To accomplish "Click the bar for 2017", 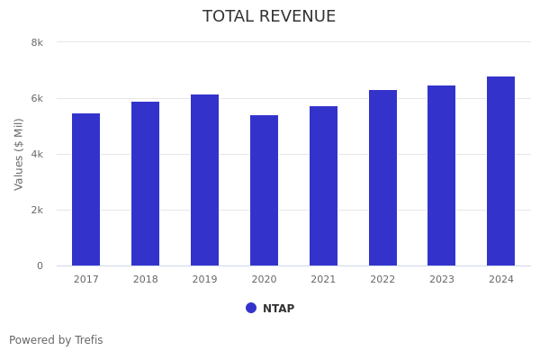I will point(86,189).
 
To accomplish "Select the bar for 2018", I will point(146,184).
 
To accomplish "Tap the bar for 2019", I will point(204,180).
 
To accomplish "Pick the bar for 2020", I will point(264,190).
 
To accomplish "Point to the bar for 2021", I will point(323,185).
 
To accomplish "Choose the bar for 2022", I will point(382,177).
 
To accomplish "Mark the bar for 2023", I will point(441,175).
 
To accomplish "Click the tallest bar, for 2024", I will point(500,171).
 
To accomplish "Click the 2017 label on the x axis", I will point(86,280).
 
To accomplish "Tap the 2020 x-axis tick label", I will point(264,280).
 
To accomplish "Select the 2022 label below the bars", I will point(382,280).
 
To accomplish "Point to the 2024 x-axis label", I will point(501,280).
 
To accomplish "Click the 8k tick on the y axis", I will point(37,42).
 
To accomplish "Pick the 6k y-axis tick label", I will point(37,98).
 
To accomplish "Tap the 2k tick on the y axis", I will point(37,210).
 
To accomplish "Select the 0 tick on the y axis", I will point(40,265).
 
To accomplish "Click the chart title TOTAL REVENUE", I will point(269,17).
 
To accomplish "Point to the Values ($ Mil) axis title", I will point(20,154).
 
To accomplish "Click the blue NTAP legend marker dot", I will point(251,308).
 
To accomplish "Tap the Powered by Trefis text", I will point(56,340).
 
